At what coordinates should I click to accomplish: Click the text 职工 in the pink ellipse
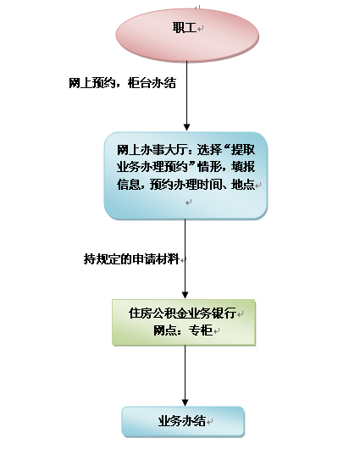tap(185, 28)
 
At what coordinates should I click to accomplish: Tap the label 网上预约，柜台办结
tap(123, 83)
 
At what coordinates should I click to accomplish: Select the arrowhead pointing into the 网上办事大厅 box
tap(187, 127)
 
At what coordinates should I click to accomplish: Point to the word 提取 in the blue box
tap(243, 150)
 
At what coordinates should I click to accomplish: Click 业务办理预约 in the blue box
tap(152, 167)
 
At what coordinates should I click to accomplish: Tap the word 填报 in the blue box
tap(243, 167)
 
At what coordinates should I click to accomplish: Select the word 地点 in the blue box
tap(243, 184)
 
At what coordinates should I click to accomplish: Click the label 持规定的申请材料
tap(131, 258)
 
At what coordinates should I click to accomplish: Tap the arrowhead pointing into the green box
tap(185, 295)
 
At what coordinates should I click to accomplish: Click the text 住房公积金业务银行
tap(182, 314)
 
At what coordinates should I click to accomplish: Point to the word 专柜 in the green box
tap(201, 330)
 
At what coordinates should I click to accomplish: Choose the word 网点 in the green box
tap(165, 330)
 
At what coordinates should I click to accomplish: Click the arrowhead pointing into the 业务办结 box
tap(185, 402)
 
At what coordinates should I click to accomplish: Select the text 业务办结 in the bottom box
tap(182, 421)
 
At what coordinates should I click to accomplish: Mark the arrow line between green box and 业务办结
tap(185, 375)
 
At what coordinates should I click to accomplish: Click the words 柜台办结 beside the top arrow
tap(152, 83)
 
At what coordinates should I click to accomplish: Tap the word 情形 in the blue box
tap(209, 167)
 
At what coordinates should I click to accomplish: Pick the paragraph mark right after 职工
tap(200, 29)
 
